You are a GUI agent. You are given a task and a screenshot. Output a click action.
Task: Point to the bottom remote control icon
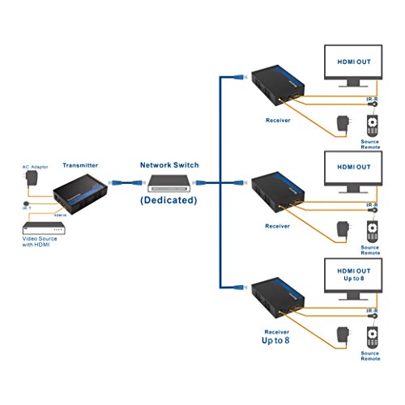click(372, 337)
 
